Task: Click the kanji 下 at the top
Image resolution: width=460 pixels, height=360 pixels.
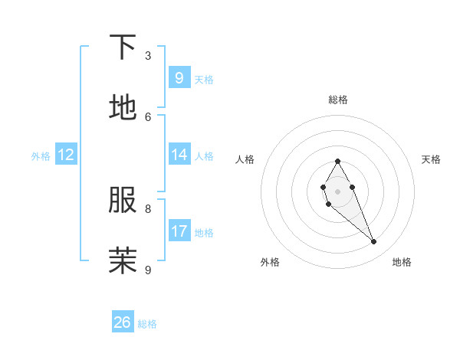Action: pyautogui.click(x=123, y=47)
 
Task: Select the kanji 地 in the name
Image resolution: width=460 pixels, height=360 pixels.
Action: pyautogui.click(x=123, y=108)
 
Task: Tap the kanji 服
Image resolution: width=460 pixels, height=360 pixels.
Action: pyautogui.click(x=123, y=201)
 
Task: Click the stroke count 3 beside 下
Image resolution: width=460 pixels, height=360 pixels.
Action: pyautogui.click(x=148, y=56)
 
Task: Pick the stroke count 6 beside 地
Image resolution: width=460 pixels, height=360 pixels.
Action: pyautogui.click(x=148, y=116)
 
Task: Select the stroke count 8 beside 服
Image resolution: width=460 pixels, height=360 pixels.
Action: pyautogui.click(x=148, y=208)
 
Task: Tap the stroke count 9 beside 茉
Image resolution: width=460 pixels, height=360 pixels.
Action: pyautogui.click(x=148, y=270)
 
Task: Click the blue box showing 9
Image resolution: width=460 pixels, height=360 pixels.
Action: pyautogui.click(x=179, y=77)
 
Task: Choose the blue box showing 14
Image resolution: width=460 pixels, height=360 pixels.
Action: pyautogui.click(x=179, y=155)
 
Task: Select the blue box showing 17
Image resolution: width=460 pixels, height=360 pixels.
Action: pyautogui.click(x=179, y=231)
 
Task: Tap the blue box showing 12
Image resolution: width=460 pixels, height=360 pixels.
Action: pyautogui.click(x=66, y=155)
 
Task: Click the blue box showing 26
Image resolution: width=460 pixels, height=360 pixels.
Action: pyautogui.click(x=123, y=322)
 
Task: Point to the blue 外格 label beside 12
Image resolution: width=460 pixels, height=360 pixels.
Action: pyautogui.click(x=41, y=156)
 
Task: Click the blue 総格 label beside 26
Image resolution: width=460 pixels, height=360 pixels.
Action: pyautogui.click(x=147, y=324)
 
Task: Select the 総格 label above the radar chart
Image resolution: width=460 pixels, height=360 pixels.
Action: pyautogui.click(x=337, y=100)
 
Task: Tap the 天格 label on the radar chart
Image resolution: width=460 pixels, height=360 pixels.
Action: pyautogui.click(x=431, y=159)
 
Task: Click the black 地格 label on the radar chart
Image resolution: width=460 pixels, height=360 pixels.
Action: pyautogui.click(x=402, y=262)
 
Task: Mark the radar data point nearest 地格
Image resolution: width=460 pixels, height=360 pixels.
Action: pyautogui.click(x=374, y=242)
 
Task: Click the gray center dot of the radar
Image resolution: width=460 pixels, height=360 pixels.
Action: pyautogui.click(x=337, y=190)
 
